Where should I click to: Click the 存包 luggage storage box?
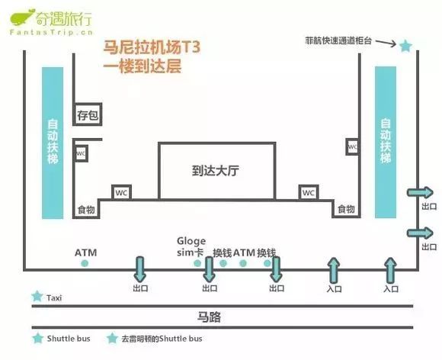point(88,114)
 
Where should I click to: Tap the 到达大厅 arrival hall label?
point(216,171)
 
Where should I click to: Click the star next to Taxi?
point(37,297)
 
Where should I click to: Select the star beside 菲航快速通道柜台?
point(406,46)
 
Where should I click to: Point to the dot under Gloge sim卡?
point(197,263)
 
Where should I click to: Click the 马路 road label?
point(209,317)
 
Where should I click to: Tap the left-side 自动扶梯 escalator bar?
point(53,143)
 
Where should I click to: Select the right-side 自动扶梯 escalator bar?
point(386,142)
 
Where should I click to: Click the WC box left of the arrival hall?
point(121,192)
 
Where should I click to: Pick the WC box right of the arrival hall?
point(309,192)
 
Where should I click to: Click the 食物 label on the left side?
point(86,210)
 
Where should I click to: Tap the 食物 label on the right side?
point(346,209)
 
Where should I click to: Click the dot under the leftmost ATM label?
point(85,263)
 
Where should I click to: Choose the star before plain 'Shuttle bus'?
point(38,339)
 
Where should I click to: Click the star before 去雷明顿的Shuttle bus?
point(112,339)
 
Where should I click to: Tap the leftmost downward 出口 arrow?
point(140,269)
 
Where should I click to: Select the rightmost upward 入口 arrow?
point(390,270)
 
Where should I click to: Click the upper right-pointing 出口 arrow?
point(420,193)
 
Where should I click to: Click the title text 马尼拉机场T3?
point(152,47)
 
